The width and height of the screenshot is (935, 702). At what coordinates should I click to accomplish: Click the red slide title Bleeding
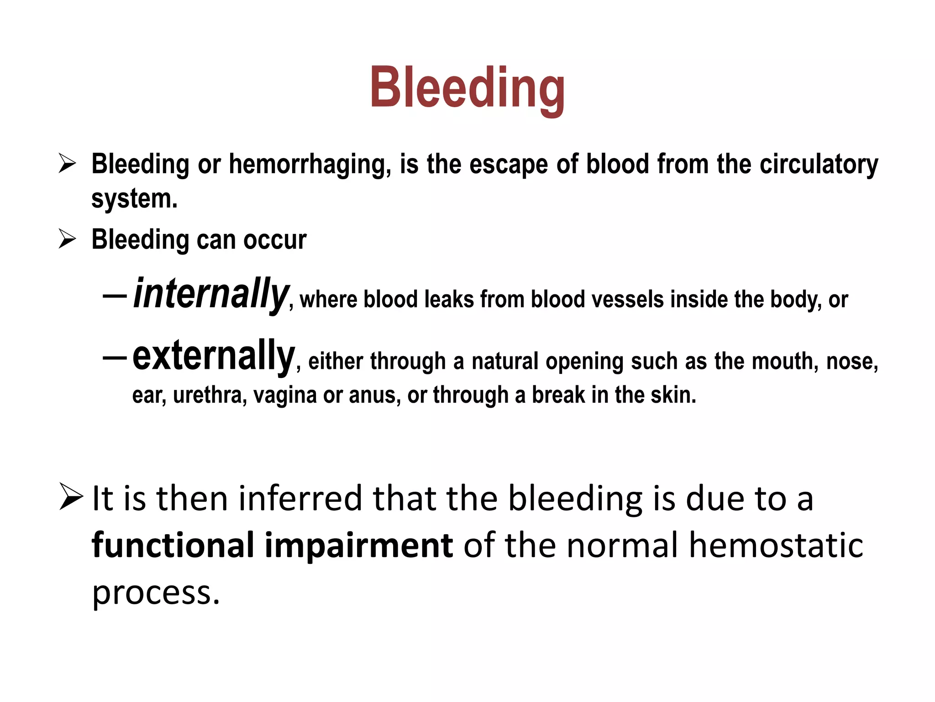pos(467,88)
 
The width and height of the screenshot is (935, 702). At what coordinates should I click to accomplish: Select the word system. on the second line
pos(134,199)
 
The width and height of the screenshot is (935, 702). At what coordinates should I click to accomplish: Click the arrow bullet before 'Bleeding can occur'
pos(67,239)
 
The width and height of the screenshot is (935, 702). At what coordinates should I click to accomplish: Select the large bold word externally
pos(214,356)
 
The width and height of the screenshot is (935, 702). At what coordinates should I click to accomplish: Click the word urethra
pos(210,395)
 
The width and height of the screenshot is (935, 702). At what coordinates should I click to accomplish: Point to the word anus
pos(374,395)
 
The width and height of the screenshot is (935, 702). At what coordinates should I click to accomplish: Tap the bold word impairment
pos(359,545)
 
